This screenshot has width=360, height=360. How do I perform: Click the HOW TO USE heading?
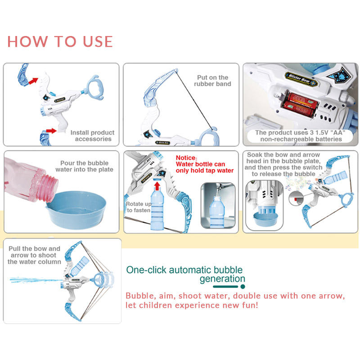tap(60, 41)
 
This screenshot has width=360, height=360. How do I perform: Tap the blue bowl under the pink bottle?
tap(76, 210)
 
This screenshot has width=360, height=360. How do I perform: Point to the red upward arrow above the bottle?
tap(157, 186)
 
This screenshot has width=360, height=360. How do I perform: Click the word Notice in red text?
tap(186, 158)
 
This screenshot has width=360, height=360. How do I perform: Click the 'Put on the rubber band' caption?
tap(212, 81)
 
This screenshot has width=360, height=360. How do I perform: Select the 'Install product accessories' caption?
tap(92, 136)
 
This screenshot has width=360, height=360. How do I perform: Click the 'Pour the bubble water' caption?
tap(84, 166)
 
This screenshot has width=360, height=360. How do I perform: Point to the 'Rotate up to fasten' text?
tap(139, 207)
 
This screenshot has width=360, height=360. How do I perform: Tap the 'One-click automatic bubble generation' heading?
tap(185, 274)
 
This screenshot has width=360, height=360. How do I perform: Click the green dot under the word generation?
tap(243, 287)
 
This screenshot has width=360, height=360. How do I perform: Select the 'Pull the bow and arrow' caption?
tap(34, 255)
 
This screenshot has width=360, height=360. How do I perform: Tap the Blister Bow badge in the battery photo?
tap(301, 79)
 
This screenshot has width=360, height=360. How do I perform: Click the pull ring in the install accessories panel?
tap(94, 88)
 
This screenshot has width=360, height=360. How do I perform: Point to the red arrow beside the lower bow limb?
tap(51, 131)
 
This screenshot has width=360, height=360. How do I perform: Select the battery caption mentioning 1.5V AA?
tap(300, 136)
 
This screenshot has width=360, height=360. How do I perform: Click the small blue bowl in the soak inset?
tap(265, 218)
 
